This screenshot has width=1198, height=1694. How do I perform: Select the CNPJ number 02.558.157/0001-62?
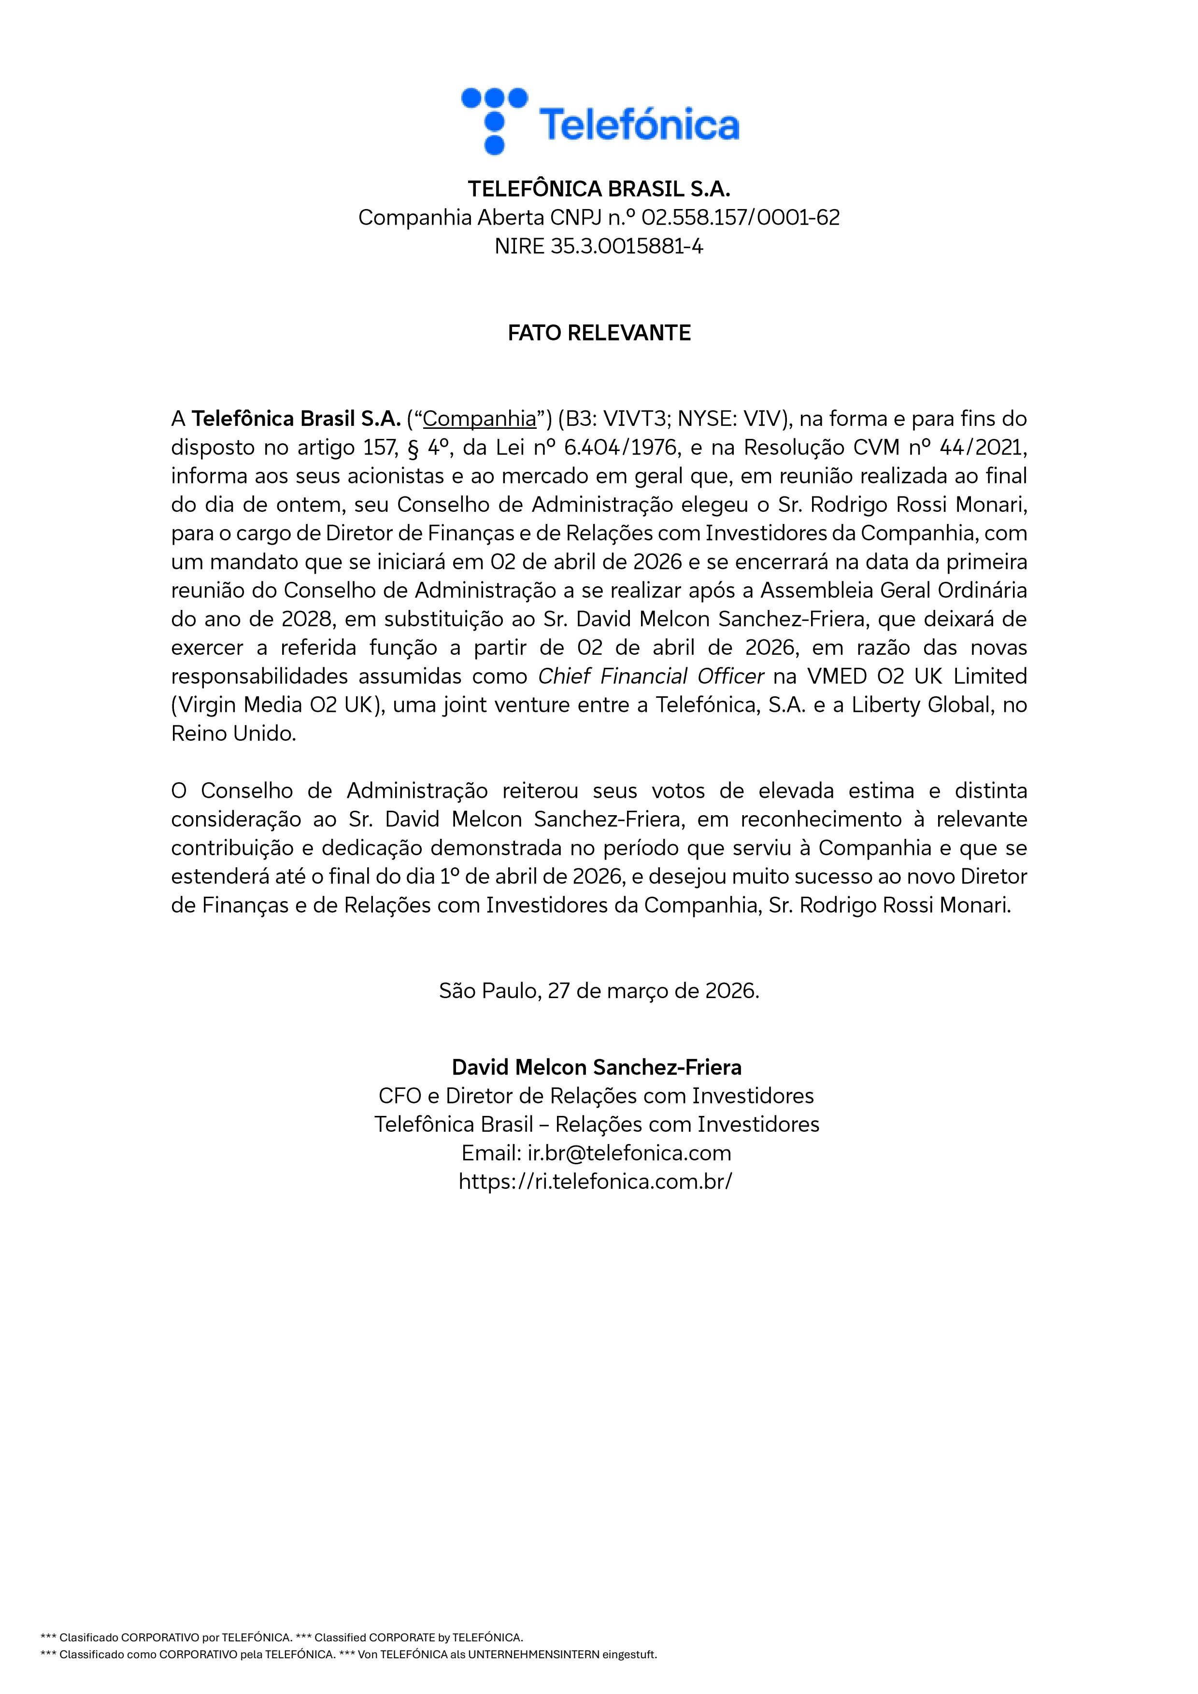[741, 218]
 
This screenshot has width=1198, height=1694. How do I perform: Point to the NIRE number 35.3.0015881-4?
[626, 246]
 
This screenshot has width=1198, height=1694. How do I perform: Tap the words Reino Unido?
[233, 734]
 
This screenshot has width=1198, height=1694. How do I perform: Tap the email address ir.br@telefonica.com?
[629, 1153]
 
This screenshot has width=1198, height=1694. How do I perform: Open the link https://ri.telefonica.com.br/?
[595, 1182]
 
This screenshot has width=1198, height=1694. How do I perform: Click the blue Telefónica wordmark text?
[639, 124]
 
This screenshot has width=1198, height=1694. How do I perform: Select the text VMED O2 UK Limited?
[917, 677]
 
